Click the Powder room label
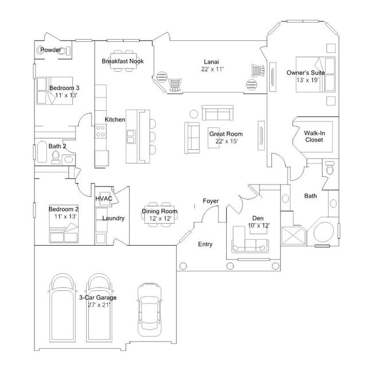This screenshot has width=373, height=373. tap(50, 50)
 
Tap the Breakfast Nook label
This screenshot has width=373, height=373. tap(123, 61)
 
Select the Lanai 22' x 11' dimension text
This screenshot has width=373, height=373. tap(211, 69)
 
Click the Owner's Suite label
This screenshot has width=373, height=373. tap(306, 73)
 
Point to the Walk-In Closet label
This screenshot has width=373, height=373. tap(314, 136)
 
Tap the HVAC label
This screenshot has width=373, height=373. tap(104, 199)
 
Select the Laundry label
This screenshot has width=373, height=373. tap(114, 218)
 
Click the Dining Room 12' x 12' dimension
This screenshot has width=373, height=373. tap(160, 219)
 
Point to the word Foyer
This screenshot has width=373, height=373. tap(211, 201)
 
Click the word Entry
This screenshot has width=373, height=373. tap(205, 244)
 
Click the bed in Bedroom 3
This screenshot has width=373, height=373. tap(56, 92)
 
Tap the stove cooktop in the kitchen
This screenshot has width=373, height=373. tap(100, 131)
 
